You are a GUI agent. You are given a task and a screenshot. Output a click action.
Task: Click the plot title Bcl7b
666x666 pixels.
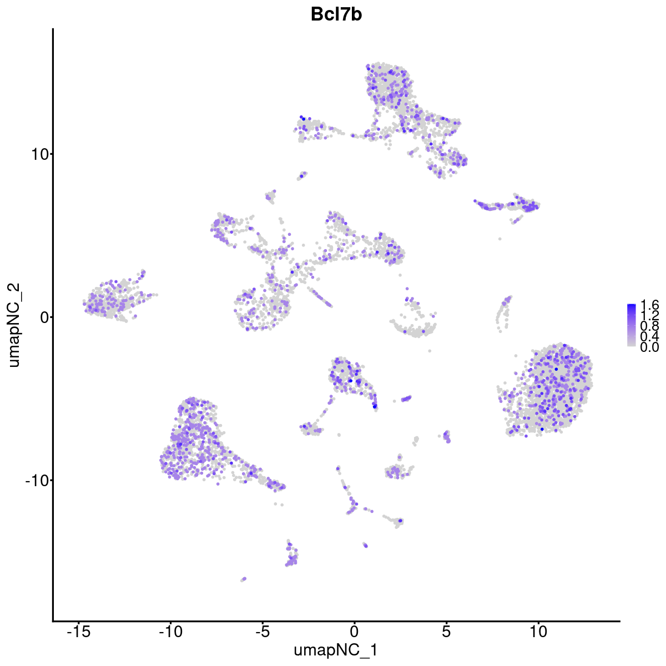pyautogui.click(x=336, y=14)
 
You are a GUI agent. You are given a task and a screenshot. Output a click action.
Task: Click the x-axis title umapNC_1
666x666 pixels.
pyautogui.click(x=336, y=650)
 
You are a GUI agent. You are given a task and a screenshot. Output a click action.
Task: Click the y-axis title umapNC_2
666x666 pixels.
pyautogui.click(x=14, y=325)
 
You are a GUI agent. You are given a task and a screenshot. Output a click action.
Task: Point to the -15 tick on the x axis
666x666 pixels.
pyautogui.click(x=79, y=631)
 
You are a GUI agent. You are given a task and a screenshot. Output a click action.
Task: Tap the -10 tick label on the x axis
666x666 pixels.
pyautogui.click(x=170, y=631)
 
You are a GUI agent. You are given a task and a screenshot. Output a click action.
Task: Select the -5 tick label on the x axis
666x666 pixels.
pyautogui.click(x=262, y=631)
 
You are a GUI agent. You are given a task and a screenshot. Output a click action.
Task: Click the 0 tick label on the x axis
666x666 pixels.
pyautogui.click(x=354, y=631)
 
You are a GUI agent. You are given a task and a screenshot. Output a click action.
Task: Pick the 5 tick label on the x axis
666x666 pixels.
pyautogui.click(x=446, y=631)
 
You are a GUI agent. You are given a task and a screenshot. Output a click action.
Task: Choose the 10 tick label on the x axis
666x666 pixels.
pyautogui.click(x=538, y=631)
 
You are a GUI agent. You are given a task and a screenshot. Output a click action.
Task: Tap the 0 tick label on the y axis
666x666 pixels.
pyautogui.click(x=42, y=317)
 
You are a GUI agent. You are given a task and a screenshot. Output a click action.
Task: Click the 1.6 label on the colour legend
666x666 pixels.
pyautogui.click(x=649, y=305)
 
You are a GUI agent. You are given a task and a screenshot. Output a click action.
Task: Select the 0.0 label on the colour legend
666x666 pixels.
pyautogui.click(x=649, y=347)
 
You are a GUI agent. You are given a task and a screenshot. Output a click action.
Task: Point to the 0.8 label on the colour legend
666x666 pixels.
pyautogui.click(x=649, y=326)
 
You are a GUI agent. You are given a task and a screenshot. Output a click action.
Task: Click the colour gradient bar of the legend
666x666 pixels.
pyautogui.click(x=632, y=325)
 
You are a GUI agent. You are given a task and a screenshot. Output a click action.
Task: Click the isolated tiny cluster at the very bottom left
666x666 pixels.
pyautogui.click(x=243, y=579)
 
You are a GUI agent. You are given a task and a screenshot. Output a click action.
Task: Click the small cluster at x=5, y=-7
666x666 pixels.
pyautogui.click(x=447, y=437)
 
